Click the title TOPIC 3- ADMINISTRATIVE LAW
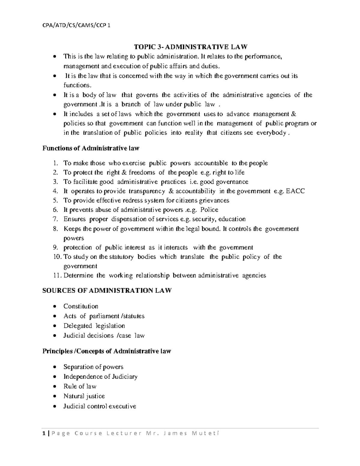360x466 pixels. click(x=190, y=47)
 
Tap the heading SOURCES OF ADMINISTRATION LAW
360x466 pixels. click(x=107, y=290)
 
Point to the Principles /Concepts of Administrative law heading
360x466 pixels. click(x=107, y=351)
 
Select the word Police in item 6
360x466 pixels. click(x=209, y=210)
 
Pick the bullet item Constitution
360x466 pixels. click(x=81, y=306)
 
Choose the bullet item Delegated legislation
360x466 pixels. click(x=94, y=326)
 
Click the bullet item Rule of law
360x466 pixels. click(x=80, y=386)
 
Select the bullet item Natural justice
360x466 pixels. click(x=84, y=396)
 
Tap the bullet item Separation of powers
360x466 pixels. click(x=93, y=367)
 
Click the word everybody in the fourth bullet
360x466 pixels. click(x=271, y=133)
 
